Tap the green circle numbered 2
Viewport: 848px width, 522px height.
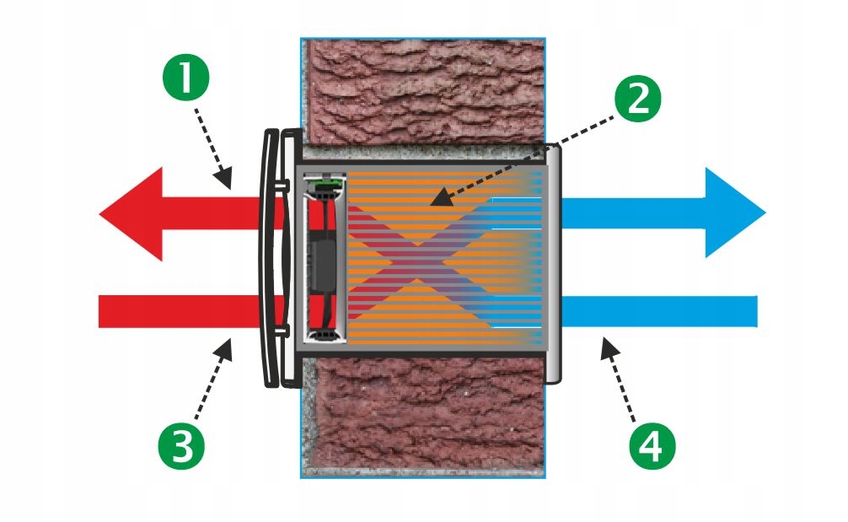click(x=637, y=100)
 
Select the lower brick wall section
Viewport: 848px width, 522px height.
click(x=421, y=417)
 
